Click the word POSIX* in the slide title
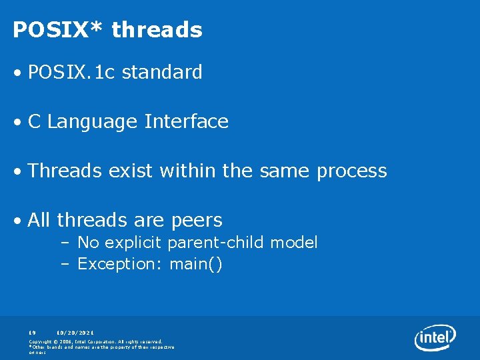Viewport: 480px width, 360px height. tap(58, 30)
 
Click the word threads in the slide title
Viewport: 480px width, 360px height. tap(157, 30)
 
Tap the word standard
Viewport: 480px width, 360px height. tap(162, 72)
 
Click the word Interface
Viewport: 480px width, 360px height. tap(187, 122)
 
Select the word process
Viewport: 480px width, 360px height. tap(352, 171)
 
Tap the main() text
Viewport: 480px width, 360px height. tap(196, 264)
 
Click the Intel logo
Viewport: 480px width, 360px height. tap(435, 338)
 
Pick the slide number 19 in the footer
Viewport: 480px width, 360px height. tap(32, 331)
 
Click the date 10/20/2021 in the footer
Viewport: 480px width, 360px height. tap(75, 331)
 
